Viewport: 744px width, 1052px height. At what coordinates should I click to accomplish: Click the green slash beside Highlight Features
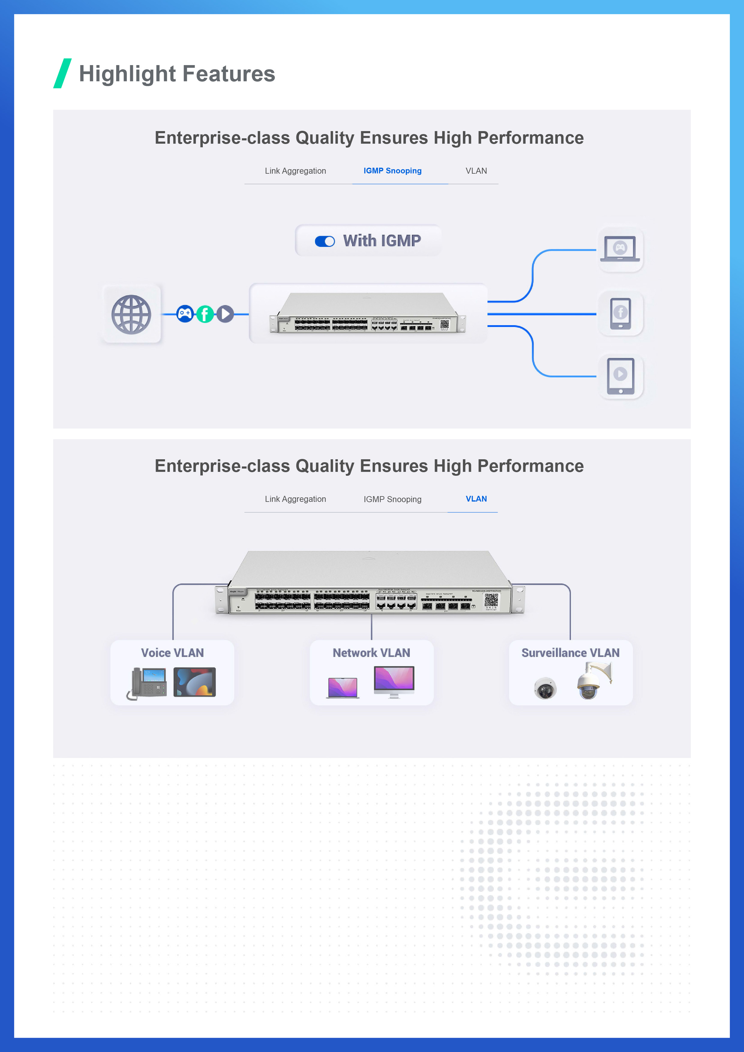[x=62, y=73]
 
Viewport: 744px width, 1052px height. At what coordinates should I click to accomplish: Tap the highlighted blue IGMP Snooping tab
[x=392, y=171]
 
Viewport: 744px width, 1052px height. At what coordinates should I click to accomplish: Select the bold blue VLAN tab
[x=476, y=499]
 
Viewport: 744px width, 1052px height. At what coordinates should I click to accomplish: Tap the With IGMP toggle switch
[x=325, y=241]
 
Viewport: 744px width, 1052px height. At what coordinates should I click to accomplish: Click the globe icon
[x=131, y=314]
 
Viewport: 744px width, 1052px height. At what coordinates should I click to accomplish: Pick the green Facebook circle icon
[x=205, y=314]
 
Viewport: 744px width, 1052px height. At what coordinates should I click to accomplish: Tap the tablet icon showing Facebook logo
[x=620, y=314]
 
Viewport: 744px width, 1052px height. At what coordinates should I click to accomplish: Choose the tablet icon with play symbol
[x=620, y=376]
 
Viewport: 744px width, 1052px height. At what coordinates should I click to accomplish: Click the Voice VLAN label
[x=172, y=653]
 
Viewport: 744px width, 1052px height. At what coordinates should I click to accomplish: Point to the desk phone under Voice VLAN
[x=147, y=683]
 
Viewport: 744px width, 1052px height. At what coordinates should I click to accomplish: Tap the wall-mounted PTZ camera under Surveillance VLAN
[x=593, y=680]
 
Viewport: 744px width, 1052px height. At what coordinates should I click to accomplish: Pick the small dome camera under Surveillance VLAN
[x=545, y=688]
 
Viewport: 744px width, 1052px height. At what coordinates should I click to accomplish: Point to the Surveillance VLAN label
[x=570, y=653]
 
